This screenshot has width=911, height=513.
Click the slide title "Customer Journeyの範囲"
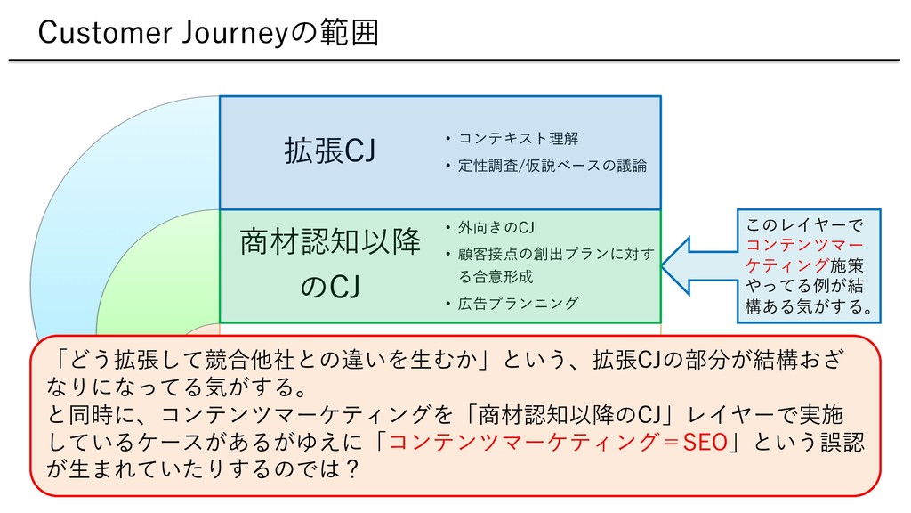208,33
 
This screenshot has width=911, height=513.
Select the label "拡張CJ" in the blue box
329,151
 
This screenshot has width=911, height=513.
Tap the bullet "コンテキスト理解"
518,138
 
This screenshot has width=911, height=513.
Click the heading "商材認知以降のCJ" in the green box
330,264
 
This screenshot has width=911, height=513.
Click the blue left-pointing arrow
699,265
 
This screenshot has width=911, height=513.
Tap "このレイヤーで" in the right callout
804,225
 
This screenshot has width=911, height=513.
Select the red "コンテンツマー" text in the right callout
804,245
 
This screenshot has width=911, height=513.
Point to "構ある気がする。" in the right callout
810,306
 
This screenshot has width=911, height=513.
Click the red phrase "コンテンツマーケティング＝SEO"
558,442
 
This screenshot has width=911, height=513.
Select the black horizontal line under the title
455,60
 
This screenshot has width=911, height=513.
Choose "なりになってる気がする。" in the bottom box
177,387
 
